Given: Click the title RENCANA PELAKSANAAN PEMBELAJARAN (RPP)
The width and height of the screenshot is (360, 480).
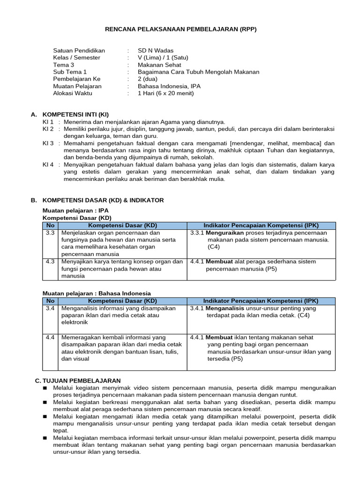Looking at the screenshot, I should point(180,29).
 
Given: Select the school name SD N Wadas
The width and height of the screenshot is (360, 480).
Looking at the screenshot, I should point(156,51).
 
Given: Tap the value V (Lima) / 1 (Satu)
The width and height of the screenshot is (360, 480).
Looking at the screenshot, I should point(163,58).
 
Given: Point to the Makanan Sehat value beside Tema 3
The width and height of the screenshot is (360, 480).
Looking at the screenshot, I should point(159,65).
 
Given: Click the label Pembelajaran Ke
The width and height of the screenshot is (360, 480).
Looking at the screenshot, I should point(77,79).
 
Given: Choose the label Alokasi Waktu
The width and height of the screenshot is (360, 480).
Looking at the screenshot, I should point(73,93).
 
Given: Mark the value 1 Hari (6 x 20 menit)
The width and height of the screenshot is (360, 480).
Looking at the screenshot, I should point(165,93).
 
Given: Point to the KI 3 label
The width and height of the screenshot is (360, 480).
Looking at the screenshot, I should point(48,143).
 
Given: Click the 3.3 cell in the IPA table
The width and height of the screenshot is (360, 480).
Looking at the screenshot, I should point(51,233).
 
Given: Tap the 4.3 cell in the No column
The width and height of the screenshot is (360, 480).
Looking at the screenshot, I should point(51,262).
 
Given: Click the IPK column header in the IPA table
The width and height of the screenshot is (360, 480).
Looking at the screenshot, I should point(262,225).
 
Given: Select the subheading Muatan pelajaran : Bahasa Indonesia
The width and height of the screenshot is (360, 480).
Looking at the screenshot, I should point(97,293).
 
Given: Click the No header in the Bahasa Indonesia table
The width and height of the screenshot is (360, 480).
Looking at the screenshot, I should point(51,300).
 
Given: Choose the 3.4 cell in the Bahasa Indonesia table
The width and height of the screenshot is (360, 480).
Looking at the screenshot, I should point(51,308).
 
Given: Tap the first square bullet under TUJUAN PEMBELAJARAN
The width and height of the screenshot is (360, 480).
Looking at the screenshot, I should point(45,388).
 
